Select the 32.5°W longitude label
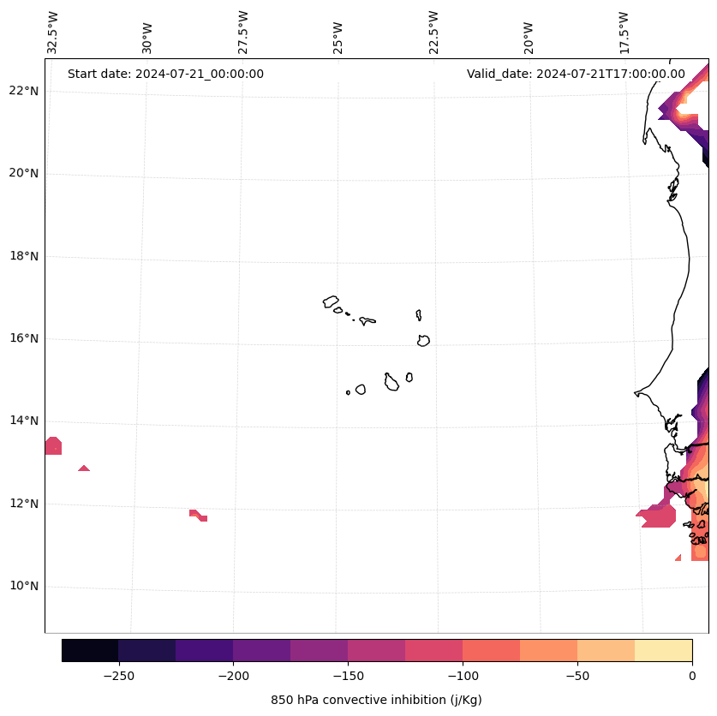(53, 33)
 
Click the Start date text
(165, 74)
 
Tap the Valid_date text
(576, 74)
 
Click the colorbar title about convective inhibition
(376, 700)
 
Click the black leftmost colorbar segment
(90, 650)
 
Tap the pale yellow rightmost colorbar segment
(663, 650)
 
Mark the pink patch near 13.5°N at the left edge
(53, 445)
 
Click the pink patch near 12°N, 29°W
(198, 515)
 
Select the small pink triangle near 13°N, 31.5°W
(84, 468)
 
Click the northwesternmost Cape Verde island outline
(331, 301)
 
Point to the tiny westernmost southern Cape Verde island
(348, 392)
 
